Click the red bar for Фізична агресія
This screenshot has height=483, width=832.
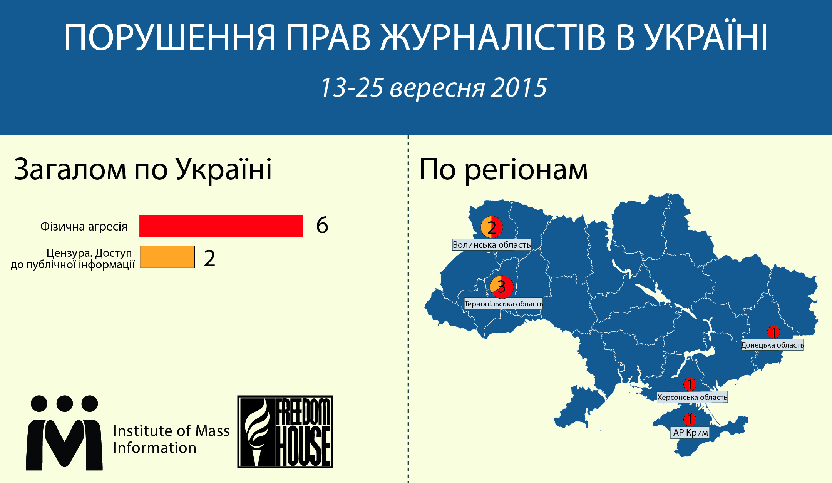tap(221, 226)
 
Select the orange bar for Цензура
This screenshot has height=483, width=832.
tap(167, 257)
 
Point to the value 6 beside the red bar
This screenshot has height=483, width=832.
tap(322, 225)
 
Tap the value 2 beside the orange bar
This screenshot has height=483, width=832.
tap(209, 258)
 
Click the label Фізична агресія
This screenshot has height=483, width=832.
tap(84, 226)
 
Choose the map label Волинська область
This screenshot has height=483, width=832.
tap(492, 245)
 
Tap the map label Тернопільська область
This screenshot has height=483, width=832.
tap(504, 304)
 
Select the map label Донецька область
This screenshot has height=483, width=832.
tap(772, 345)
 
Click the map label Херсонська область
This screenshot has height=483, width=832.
tap(692, 397)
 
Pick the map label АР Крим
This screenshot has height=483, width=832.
tap(691, 433)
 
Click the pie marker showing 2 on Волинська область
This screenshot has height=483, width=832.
tap(492, 227)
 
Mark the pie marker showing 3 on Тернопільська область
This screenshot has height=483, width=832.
tap(502, 287)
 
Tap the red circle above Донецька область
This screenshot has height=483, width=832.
tap(773, 332)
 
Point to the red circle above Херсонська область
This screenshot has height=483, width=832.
tap(690, 384)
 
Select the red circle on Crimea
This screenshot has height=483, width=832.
tap(690, 419)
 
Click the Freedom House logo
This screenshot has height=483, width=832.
tap(285, 432)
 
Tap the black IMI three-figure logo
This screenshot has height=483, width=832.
tap(64, 433)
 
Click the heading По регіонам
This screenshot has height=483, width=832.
tap(503, 169)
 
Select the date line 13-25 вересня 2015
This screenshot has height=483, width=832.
tap(434, 88)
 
